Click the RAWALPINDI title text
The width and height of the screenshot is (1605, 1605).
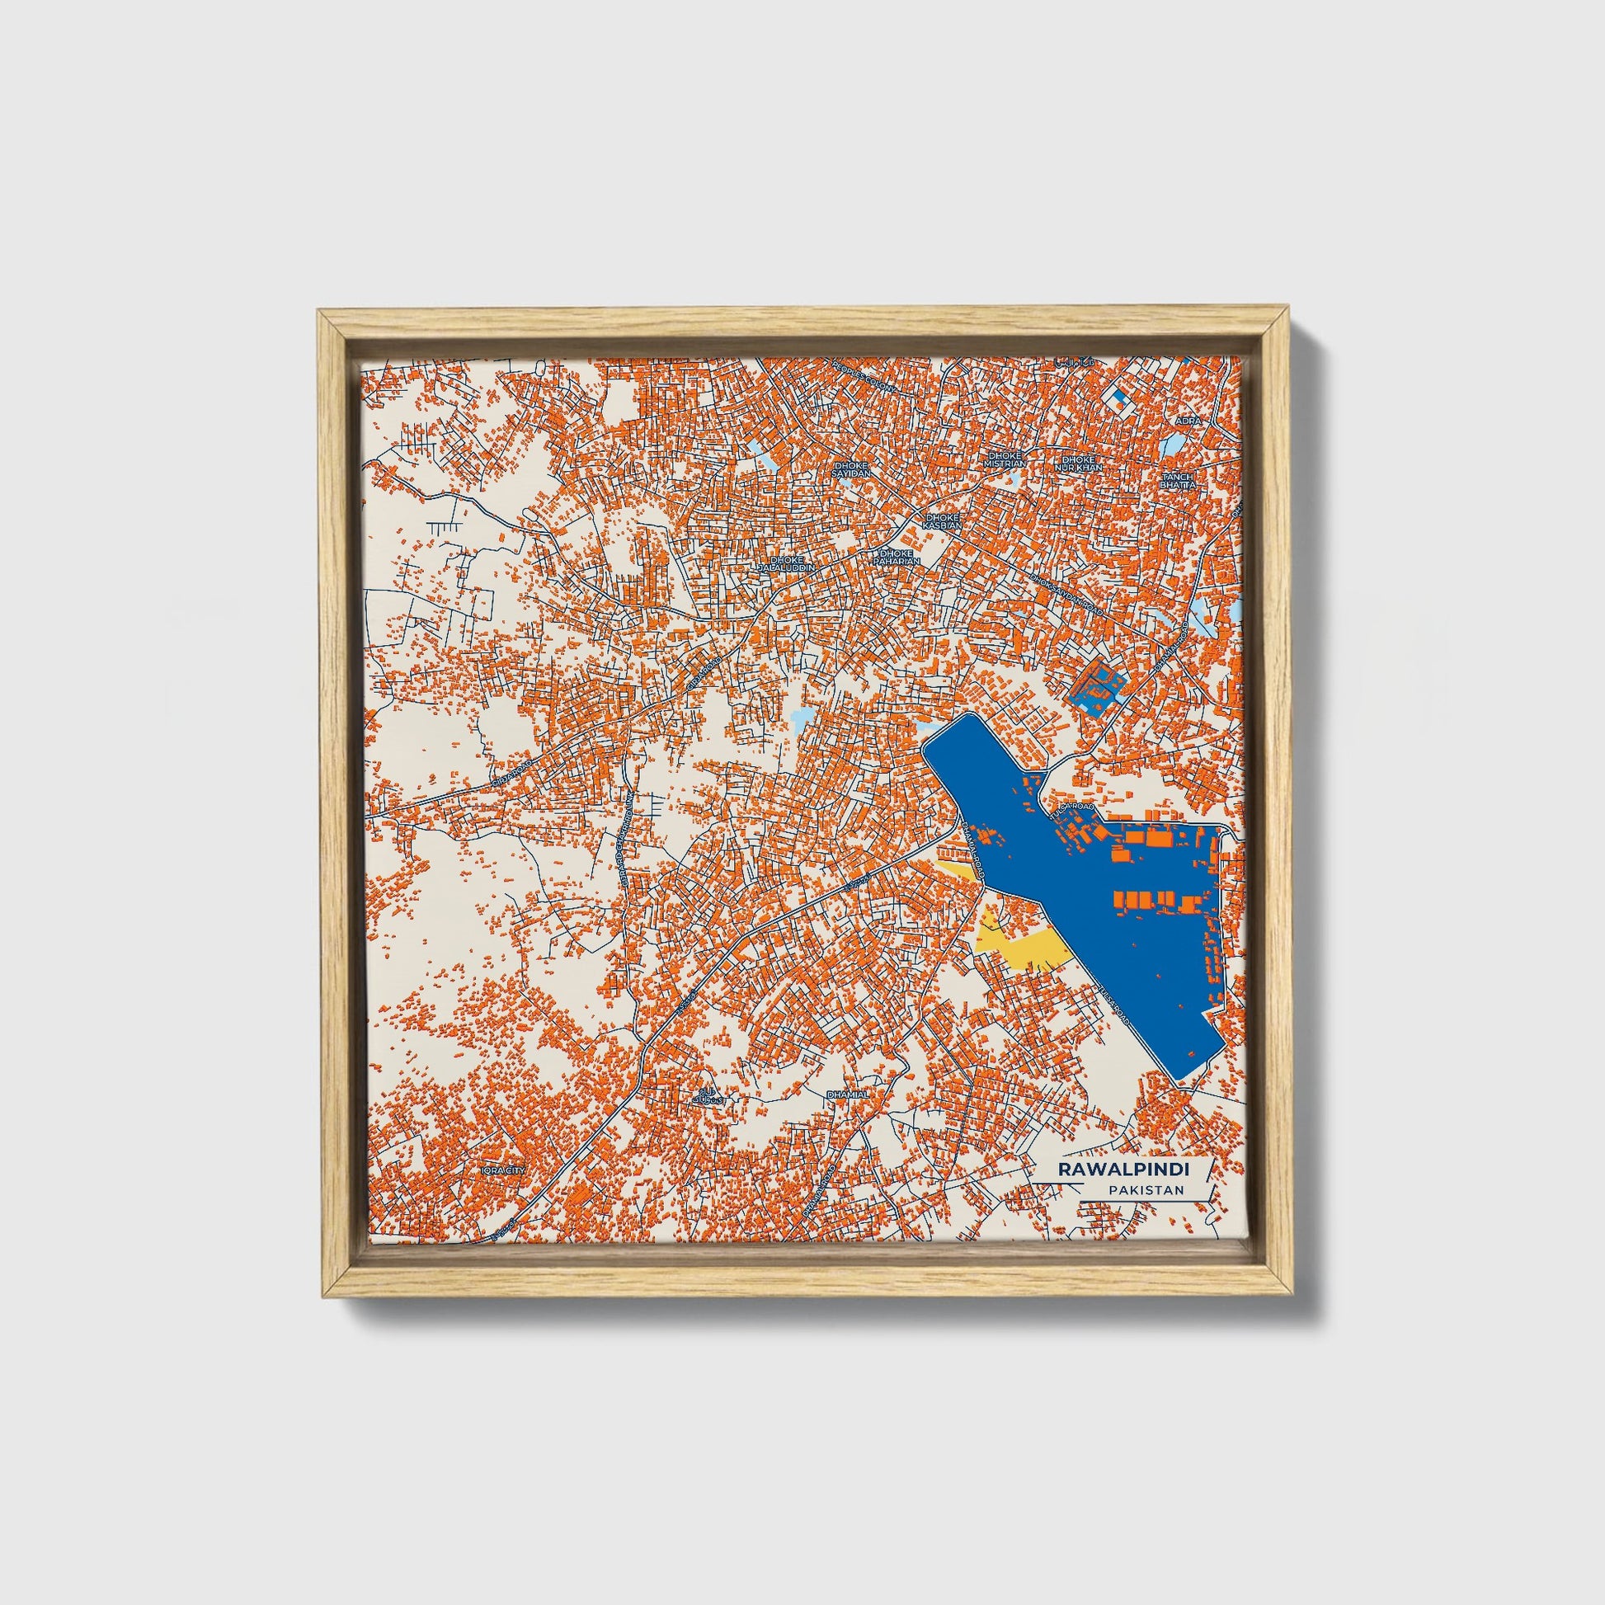click(x=1123, y=1169)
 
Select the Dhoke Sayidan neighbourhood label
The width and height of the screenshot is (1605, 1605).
click(x=850, y=469)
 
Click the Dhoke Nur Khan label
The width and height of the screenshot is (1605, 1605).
click(x=1079, y=463)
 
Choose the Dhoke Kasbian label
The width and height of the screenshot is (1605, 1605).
click(x=943, y=520)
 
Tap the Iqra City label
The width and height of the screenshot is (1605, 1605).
click(x=503, y=1170)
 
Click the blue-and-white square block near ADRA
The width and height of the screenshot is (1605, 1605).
click(x=1122, y=396)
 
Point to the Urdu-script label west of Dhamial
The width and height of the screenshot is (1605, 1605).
click(x=708, y=1094)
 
